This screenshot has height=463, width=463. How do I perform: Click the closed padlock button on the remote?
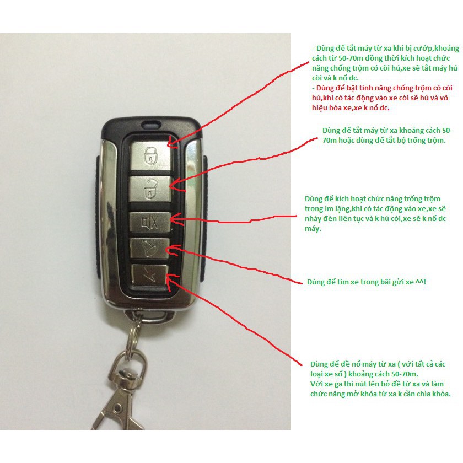click(x=151, y=155)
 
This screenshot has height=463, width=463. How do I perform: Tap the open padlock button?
click(x=150, y=189)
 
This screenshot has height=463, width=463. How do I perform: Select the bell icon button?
click(x=150, y=249)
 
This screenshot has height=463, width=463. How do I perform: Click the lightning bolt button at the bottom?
click(x=149, y=275)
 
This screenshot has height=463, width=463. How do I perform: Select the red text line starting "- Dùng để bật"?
click(x=382, y=88)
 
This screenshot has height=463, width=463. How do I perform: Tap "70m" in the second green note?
click(x=329, y=140)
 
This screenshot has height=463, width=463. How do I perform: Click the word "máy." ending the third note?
click(x=313, y=229)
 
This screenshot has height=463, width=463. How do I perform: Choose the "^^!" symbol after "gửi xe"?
click(x=421, y=282)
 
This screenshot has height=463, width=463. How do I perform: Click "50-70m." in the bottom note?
click(x=405, y=374)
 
